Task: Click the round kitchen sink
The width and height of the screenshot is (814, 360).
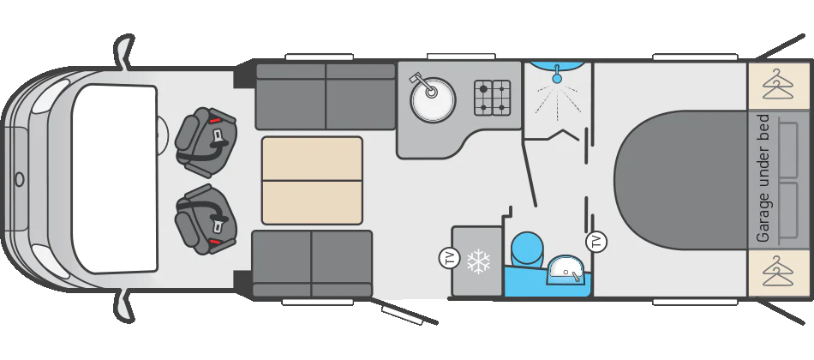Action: [x=433, y=98]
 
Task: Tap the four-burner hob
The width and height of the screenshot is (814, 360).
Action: [x=492, y=98]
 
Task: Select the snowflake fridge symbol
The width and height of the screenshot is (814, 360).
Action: [x=478, y=261]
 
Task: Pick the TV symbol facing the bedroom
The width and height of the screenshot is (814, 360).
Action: [x=596, y=241]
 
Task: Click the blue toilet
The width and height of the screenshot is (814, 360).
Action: [x=528, y=249]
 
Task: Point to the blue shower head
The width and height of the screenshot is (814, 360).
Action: [x=556, y=75]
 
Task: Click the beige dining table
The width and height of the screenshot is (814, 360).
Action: [x=312, y=180]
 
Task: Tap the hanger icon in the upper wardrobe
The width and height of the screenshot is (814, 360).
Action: [x=779, y=86]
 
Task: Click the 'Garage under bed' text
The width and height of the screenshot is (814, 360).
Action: [x=763, y=178]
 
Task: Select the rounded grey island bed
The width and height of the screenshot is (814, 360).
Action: [x=681, y=180]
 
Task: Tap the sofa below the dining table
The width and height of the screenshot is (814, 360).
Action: [x=312, y=263]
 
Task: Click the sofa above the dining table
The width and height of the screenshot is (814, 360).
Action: [x=326, y=96]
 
